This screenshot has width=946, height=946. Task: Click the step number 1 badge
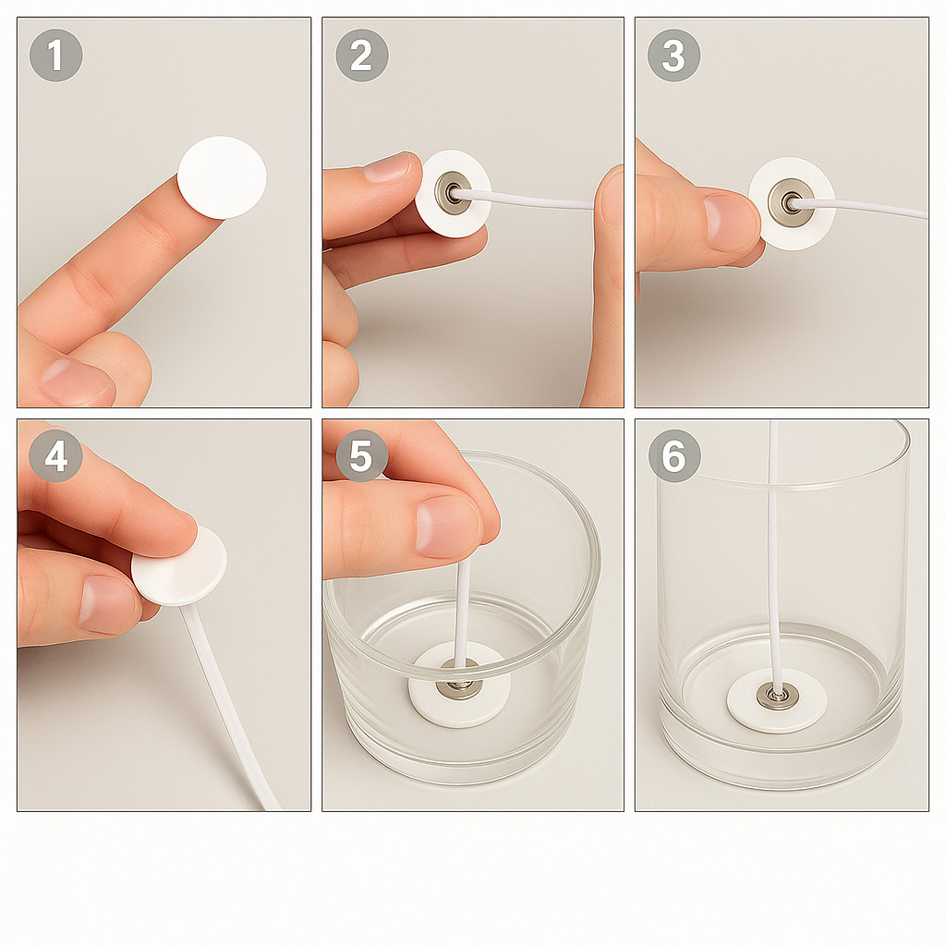[55, 55]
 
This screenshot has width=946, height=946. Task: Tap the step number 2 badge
[362, 55]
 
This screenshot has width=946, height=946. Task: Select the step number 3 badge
[673, 55]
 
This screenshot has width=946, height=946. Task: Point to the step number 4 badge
[55, 455]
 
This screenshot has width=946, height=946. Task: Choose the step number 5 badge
[361, 455]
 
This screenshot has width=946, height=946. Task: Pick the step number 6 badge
[674, 455]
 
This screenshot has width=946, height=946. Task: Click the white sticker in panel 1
[222, 177]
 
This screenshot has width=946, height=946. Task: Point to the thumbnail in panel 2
[387, 167]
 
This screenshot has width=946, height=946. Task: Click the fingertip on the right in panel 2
[610, 200]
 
